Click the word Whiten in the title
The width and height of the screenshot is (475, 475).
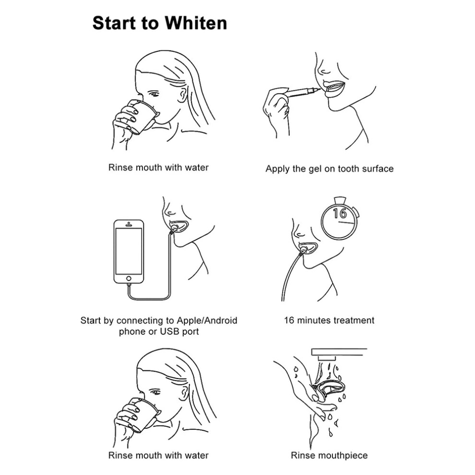tap(196, 23)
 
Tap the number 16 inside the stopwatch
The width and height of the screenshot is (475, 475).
tap(340, 213)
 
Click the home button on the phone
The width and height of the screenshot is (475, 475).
tap(129, 278)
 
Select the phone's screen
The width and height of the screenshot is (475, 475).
tap(129, 251)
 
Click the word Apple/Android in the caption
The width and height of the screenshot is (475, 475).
tap(207, 321)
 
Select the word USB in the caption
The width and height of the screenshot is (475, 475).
tap(170, 332)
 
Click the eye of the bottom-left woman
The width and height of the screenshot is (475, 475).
tap(155, 392)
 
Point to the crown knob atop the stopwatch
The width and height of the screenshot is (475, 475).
tap(340, 200)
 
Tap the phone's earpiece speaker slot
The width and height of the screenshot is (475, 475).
tap(129, 225)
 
